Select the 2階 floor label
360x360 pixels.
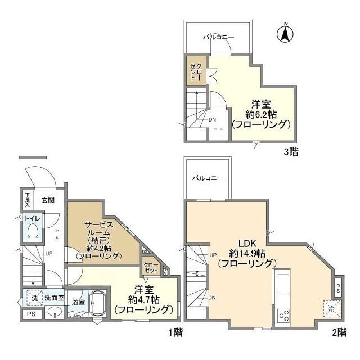tap(339, 332)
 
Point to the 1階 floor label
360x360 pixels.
tap(174, 332)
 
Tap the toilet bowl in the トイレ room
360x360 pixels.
tap(33, 231)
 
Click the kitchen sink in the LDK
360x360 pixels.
tap(281, 282)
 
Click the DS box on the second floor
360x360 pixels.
tap(337, 287)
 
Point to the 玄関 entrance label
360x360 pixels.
tap(48, 200)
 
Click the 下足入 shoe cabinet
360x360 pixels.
tap(27, 200)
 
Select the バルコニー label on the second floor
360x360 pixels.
tap(208, 178)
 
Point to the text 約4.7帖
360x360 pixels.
tap(143, 299)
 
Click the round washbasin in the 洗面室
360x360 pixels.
tap(55, 312)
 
